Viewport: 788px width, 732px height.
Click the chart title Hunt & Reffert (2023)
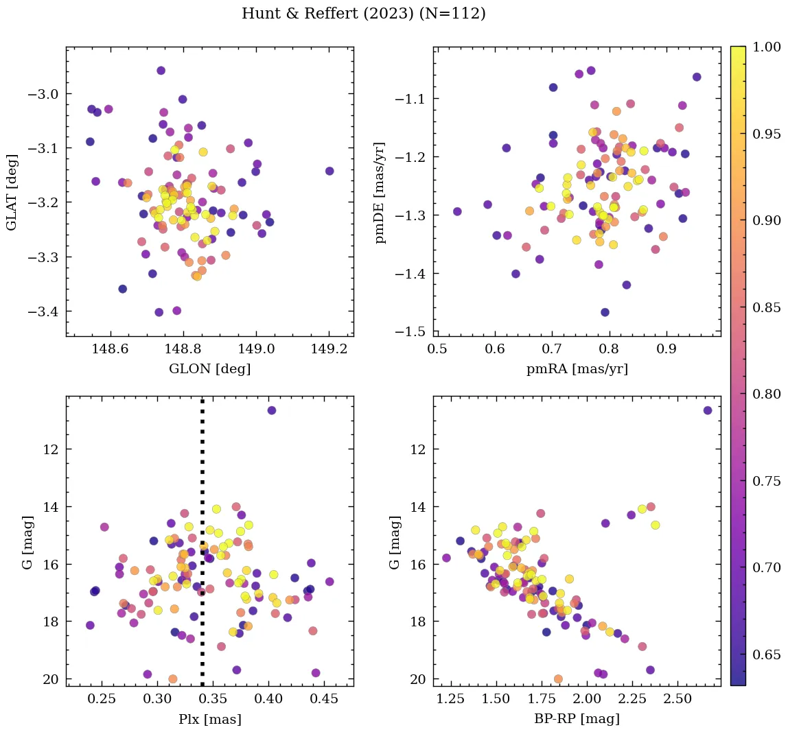click(363, 14)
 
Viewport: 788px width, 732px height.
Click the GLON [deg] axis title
click(209, 369)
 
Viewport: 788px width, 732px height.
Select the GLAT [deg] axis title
click(12, 191)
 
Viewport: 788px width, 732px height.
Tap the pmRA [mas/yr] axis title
click(577, 369)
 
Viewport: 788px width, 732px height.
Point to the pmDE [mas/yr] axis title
click(380, 191)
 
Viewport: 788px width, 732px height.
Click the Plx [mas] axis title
click(209, 719)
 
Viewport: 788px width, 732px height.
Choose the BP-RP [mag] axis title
click(577, 719)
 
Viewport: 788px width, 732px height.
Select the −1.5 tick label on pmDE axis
click(412, 332)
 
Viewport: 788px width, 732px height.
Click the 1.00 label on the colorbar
click(766, 47)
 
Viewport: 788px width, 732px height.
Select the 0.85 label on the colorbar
click(766, 307)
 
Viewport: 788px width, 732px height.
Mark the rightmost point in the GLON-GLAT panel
click(329, 171)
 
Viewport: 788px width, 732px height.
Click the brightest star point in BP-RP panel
click(708, 410)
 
